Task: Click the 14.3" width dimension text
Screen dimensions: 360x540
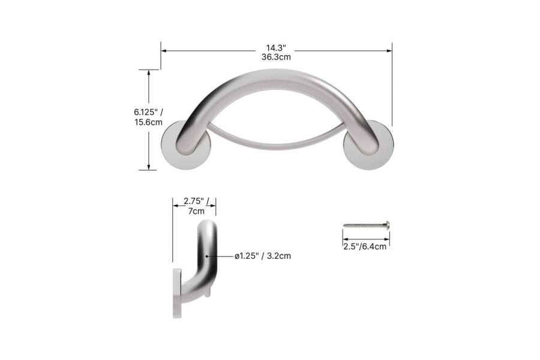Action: point(276,47)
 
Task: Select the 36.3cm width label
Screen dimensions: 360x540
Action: point(276,58)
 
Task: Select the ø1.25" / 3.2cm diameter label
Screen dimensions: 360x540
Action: point(263,256)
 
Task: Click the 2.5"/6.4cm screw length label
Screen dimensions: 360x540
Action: point(365,246)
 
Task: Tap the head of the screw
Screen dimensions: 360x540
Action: point(387,226)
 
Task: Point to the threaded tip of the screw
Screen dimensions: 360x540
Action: point(346,226)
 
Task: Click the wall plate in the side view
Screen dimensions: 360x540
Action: point(177,294)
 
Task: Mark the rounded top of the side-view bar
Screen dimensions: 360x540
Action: point(207,227)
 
